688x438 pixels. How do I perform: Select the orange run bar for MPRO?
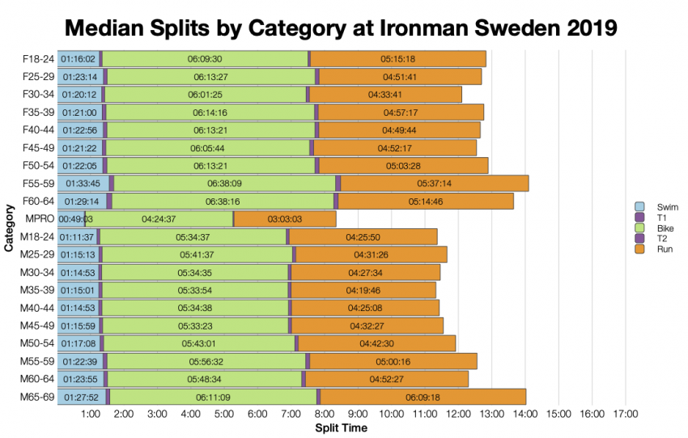tap(285, 219)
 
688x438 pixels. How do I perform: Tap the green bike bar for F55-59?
tap(224, 183)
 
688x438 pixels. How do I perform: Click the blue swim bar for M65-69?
tap(81, 397)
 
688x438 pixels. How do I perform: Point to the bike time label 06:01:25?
tap(205, 95)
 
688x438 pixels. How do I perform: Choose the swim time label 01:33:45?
tap(83, 183)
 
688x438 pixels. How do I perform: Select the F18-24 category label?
tap(37, 59)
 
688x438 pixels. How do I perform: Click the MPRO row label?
tap(40, 219)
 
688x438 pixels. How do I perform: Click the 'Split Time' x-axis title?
tap(340, 427)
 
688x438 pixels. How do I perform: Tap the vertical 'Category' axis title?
tap(9, 228)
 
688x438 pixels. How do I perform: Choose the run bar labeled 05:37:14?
tap(434, 183)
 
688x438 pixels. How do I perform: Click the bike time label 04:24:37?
tap(159, 219)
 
